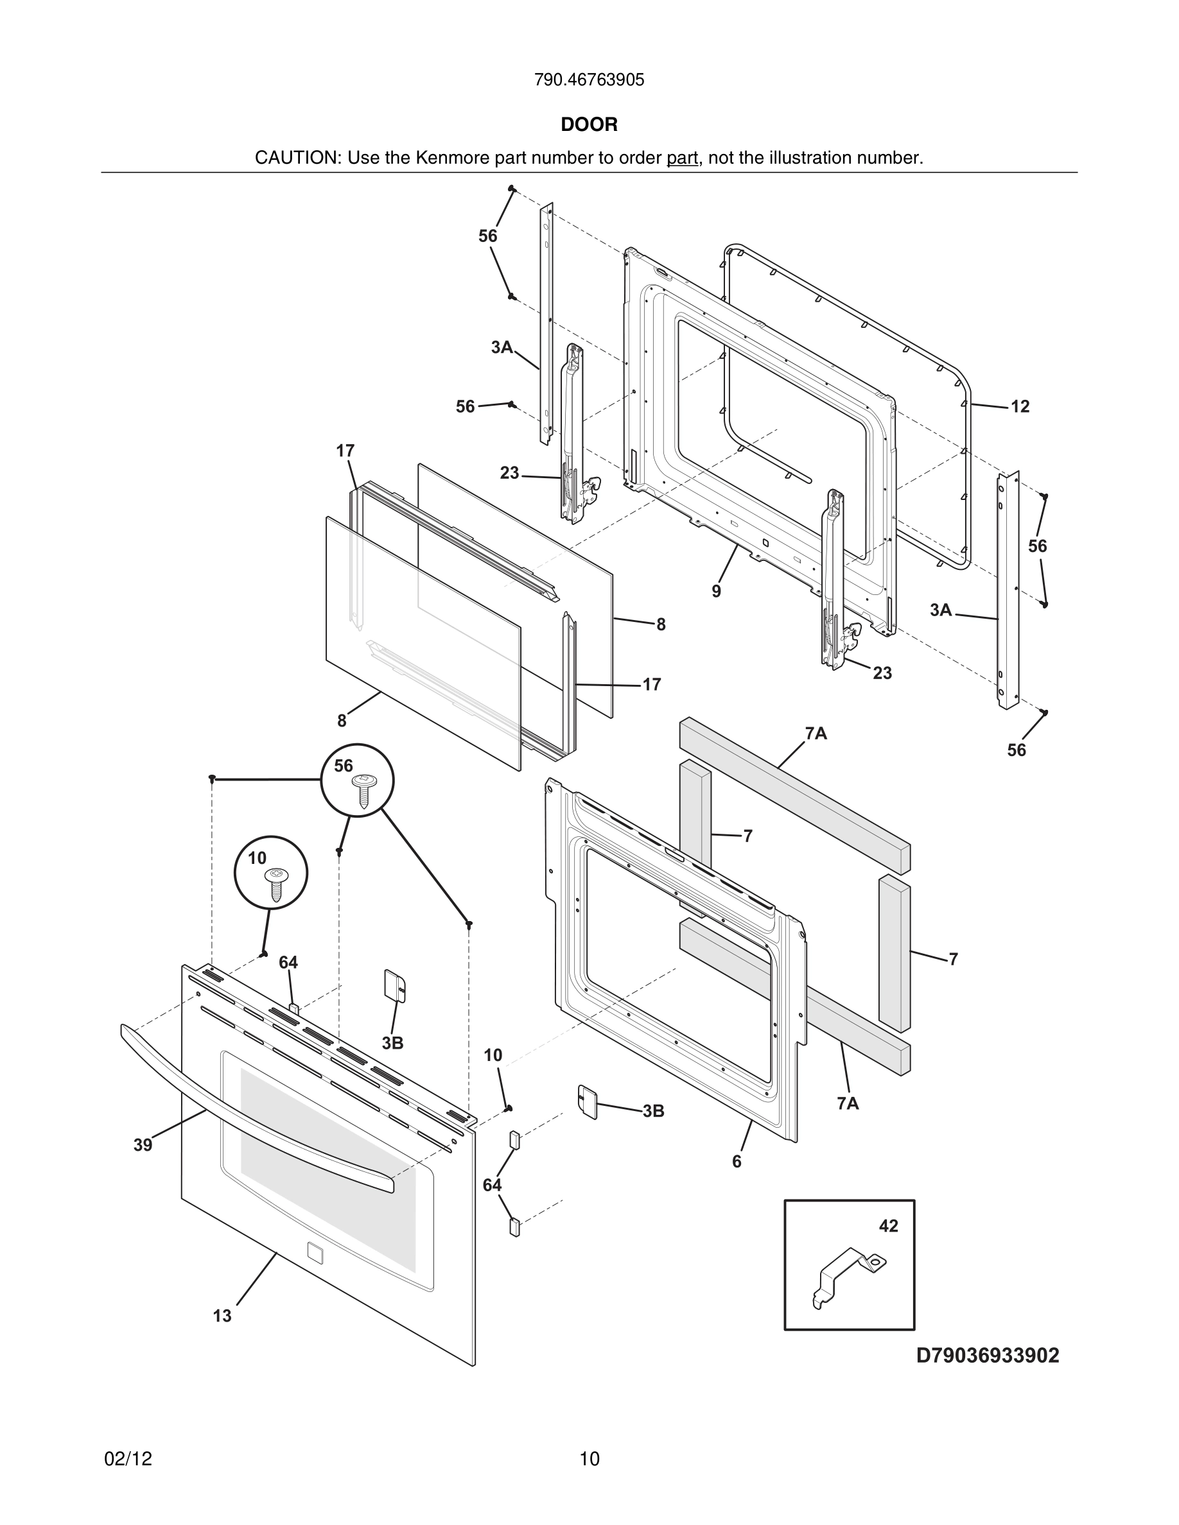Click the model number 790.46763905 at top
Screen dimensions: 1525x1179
[x=589, y=80]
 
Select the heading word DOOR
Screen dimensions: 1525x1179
[x=589, y=125]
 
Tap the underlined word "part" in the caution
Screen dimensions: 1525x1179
[x=682, y=159]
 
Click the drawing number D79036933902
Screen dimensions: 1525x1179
[x=987, y=1356]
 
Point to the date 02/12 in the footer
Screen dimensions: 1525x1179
[x=128, y=1460]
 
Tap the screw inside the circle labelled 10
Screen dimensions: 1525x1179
[x=276, y=885]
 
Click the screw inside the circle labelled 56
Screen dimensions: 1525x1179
[x=363, y=791]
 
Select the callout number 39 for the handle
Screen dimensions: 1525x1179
[x=143, y=1145]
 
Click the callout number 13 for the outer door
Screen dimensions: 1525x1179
[x=222, y=1316]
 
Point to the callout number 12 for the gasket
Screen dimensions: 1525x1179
[x=1020, y=406]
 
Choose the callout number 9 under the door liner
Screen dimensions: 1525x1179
[x=716, y=591]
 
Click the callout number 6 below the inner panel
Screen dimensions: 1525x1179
[x=736, y=1161]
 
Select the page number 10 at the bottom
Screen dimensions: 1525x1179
[x=589, y=1460]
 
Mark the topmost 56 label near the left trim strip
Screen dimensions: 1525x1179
[x=487, y=237]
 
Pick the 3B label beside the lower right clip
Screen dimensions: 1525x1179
[x=653, y=1111]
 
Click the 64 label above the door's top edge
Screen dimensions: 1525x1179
[x=288, y=963]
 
